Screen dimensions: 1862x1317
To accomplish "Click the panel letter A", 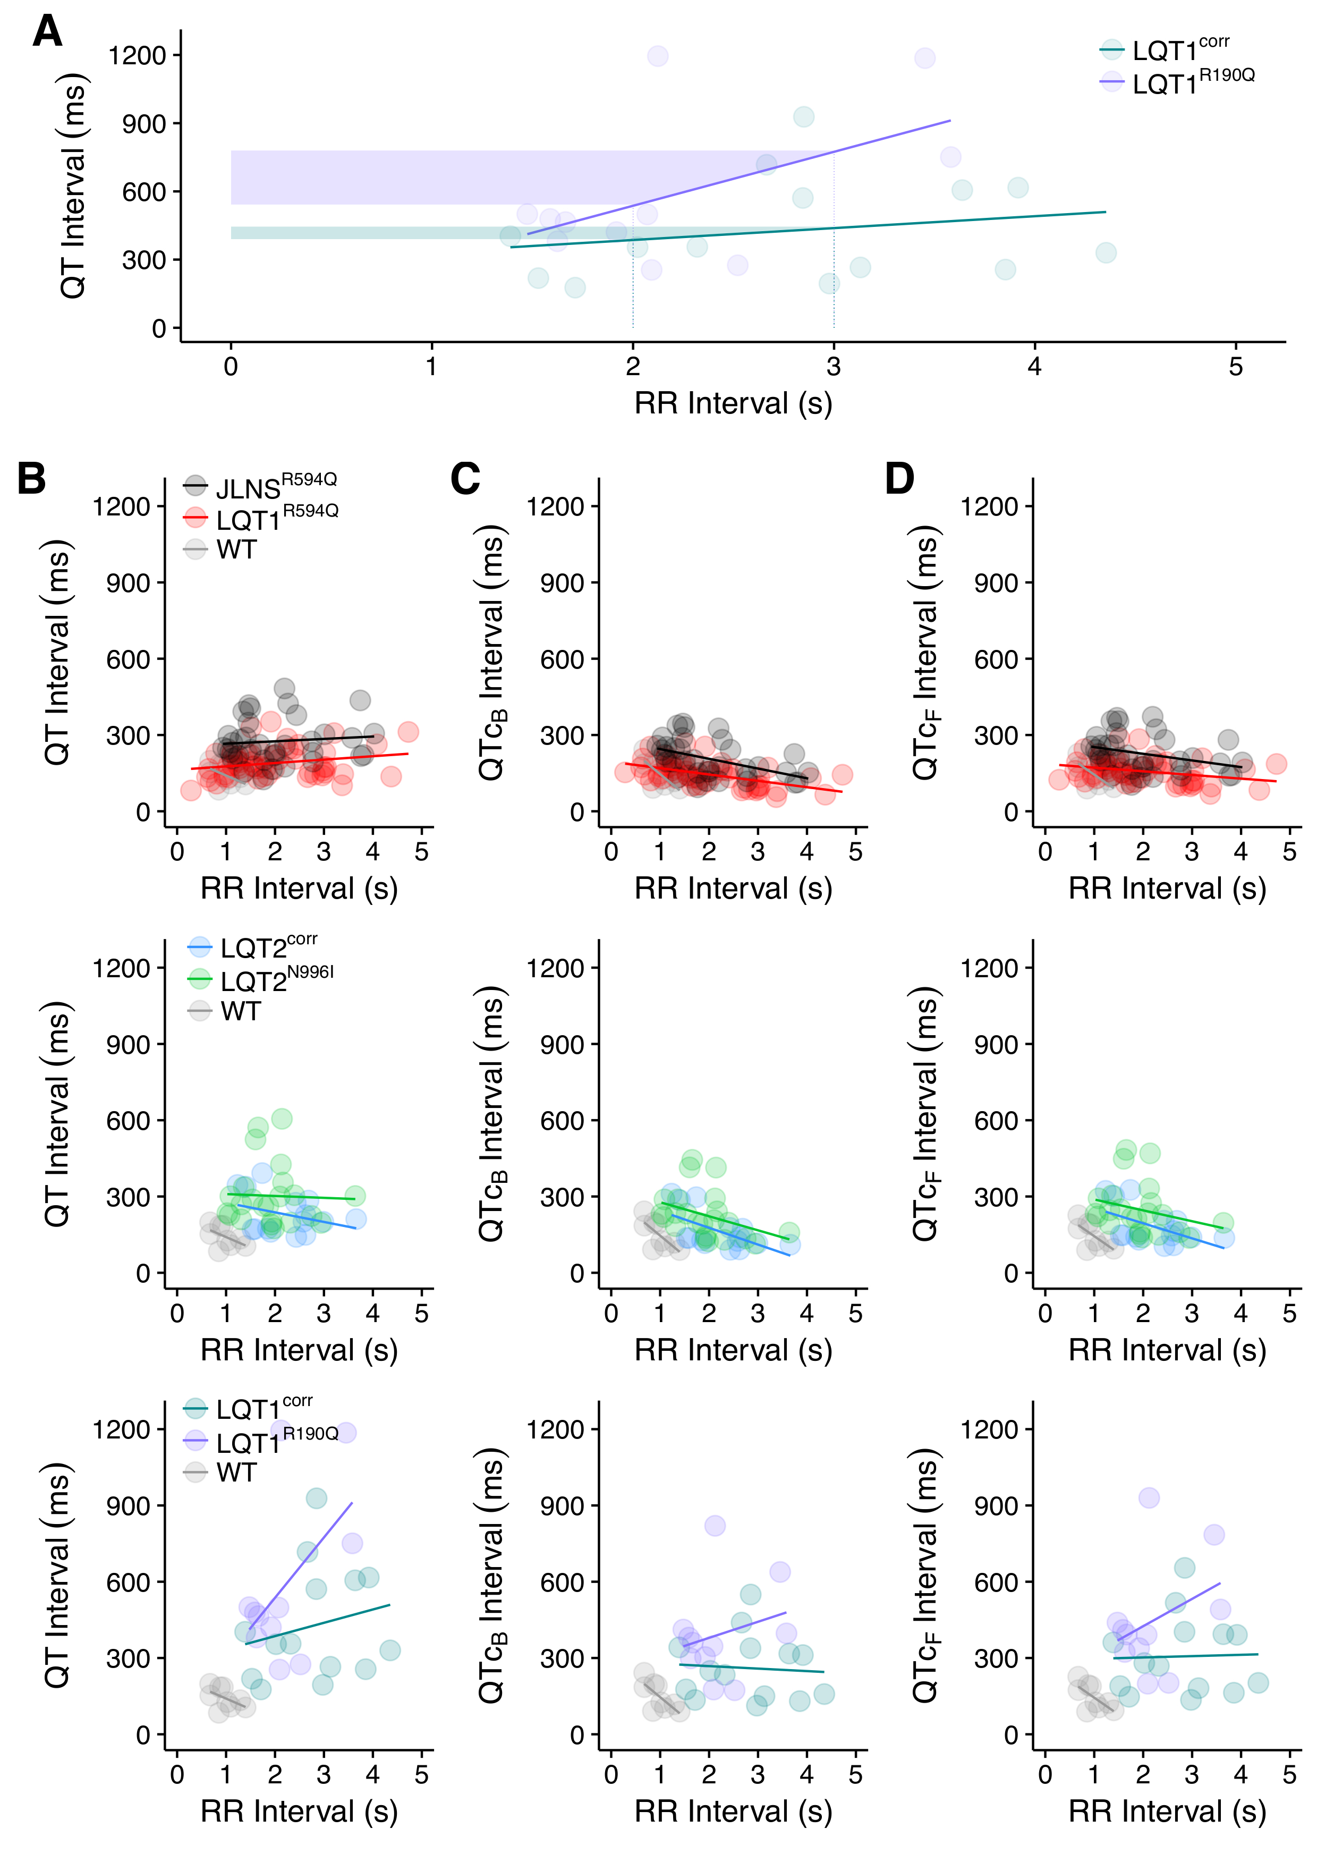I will (x=47, y=32).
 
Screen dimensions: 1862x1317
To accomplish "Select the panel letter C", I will (x=465, y=478).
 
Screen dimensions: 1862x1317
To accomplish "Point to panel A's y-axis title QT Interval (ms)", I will (x=73, y=187).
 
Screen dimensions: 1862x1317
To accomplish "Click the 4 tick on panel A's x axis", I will (x=1034, y=367).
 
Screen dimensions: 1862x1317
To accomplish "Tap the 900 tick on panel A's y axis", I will (x=143, y=124).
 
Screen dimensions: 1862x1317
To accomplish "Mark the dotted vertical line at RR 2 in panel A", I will (x=633, y=300).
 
